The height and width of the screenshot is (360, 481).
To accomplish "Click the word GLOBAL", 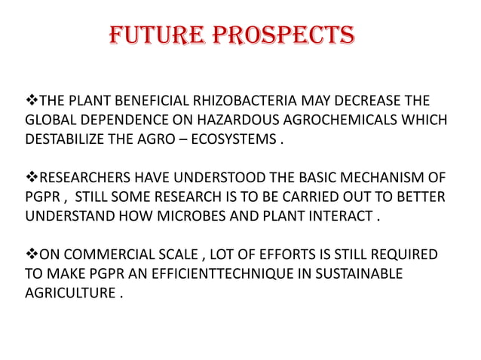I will point(50,121).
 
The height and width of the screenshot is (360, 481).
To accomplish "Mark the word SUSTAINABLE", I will point(359,273).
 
